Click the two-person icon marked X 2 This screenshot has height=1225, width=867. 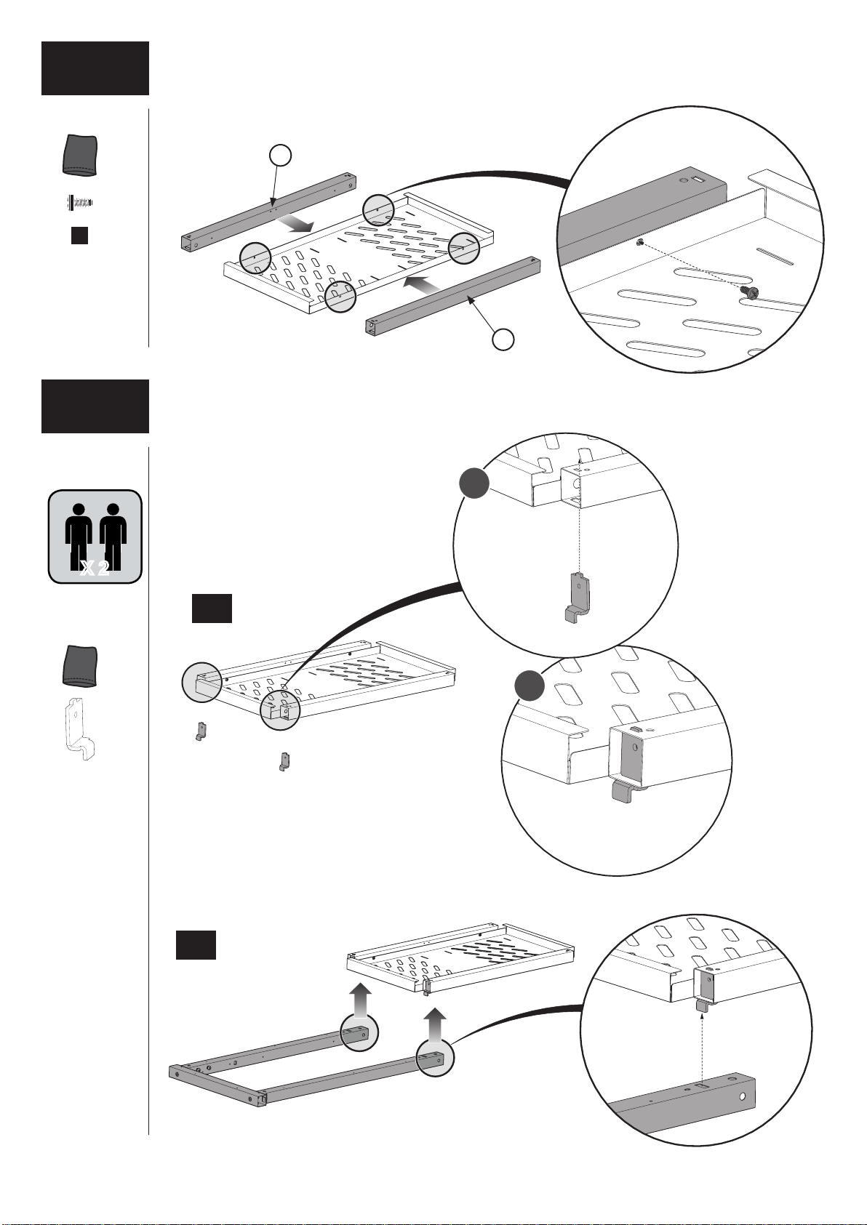coord(95,537)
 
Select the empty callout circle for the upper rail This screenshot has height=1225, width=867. coord(281,156)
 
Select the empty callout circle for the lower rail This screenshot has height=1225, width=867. coord(503,340)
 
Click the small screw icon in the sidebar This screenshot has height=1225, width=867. coord(79,203)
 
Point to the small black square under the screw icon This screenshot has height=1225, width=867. coord(80,236)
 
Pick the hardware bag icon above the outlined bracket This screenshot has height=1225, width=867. coord(80,665)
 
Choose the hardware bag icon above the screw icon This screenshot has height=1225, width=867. coord(80,156)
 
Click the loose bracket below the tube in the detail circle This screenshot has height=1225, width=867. coord(577,598)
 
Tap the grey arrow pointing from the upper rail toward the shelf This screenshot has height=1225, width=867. coord(295,224)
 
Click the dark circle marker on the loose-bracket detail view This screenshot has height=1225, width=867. coord(474,483)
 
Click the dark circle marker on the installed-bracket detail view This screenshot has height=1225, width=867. coord(530,686)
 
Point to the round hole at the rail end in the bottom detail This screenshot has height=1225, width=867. coord(743,1096)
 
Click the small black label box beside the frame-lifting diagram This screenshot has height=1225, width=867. coord(196,945)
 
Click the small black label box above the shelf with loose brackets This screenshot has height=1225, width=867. coord(212,608)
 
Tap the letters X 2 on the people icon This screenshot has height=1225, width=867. coord(95,569)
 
